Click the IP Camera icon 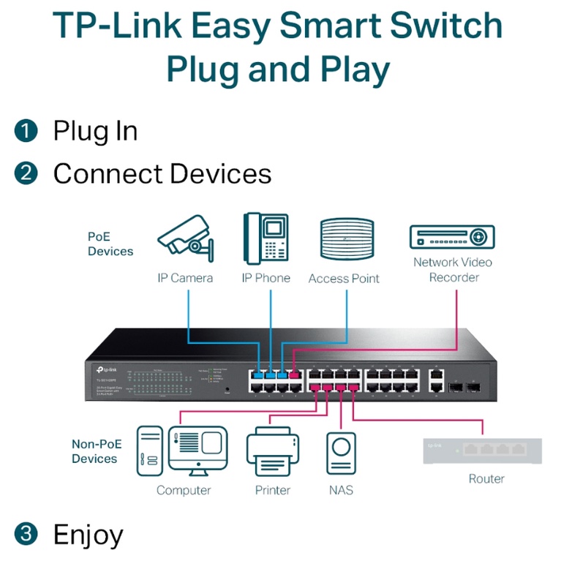point(186,239)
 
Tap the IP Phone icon point(266,238)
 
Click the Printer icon point(272,453)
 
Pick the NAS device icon point(340,453)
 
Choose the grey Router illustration point(483,450)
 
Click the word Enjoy point(88,535)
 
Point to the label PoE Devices point(110,244)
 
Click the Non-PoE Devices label point(95,451)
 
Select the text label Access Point point(344,279)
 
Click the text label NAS point(340,490)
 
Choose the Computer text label point(184,490)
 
